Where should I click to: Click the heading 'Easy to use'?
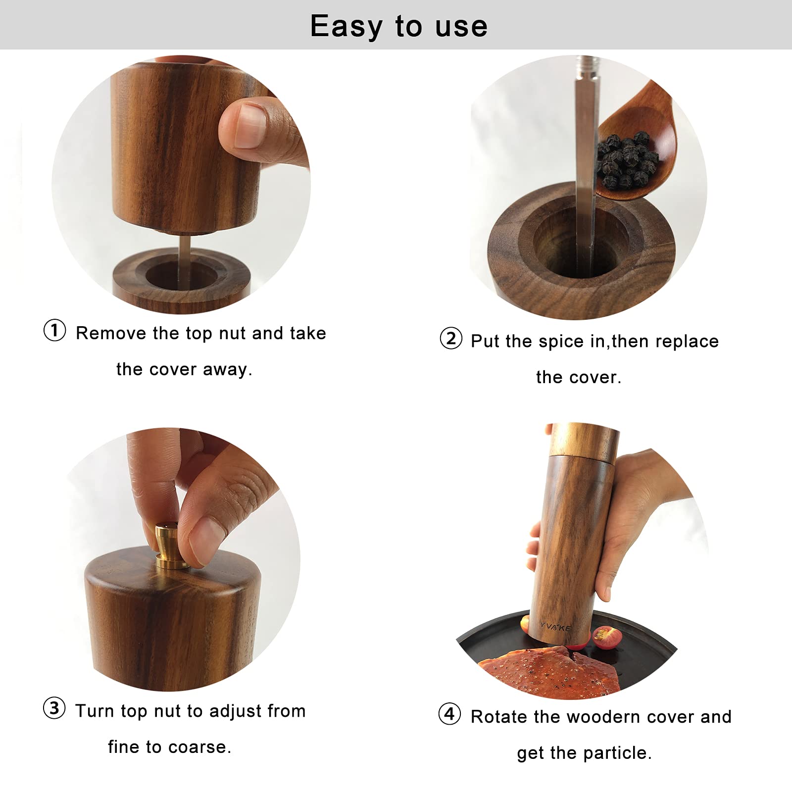tap(398, 26)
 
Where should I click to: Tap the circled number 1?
tap(54, 330)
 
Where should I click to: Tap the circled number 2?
tap(450, 339)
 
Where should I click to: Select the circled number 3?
tap(54, 708)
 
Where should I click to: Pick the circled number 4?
tap(449, 714)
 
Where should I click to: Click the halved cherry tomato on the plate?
tap(605, 636)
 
